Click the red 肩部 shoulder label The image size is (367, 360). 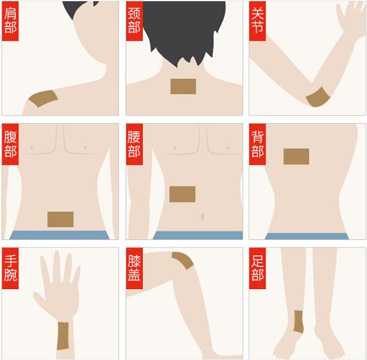click(x=10, y=21)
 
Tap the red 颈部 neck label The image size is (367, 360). click(x=134, y=21)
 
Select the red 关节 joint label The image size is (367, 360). click(x=257, y=21)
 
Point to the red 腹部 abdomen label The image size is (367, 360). click(x=10, y=145)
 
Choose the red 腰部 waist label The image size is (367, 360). click(x=134, y=145)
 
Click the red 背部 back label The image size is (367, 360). click(x=257, y=145)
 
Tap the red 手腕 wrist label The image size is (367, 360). click(x=10, y=268)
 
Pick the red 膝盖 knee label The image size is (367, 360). click(x=134, y=268)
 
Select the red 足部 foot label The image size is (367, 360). click(x=257, y=268)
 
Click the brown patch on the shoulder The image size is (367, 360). click(x=43, y=98)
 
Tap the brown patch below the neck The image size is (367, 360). click(x=183, y=87)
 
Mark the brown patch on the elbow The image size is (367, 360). click(x=318, y=97)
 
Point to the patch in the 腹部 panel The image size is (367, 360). click(x=60, y=220)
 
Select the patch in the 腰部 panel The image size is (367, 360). click(x=182, y=194)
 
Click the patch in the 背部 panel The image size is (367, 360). click(x=296, y=156)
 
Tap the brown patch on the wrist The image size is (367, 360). click(x=63, y=336)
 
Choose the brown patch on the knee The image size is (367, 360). click(x=183, y=260)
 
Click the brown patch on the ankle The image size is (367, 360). click(x=299, y=322)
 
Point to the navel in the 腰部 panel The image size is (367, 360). click(x=203, y=217)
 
